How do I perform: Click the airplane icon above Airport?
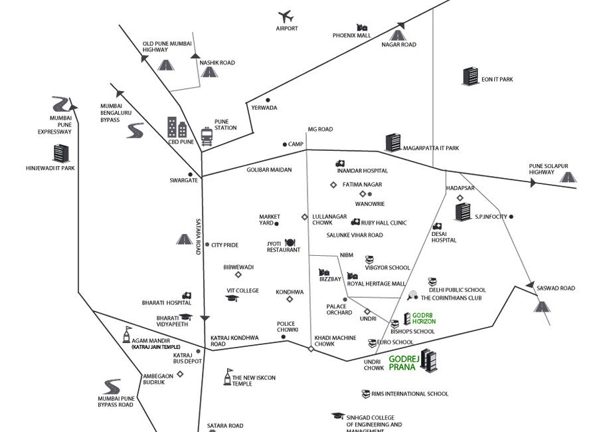286,15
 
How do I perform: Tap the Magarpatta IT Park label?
432,148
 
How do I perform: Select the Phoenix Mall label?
351,36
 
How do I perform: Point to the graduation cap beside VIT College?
232,298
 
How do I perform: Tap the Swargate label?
184,180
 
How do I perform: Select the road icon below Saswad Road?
542,306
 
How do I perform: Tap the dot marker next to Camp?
284,144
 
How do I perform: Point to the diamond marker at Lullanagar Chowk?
304,217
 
